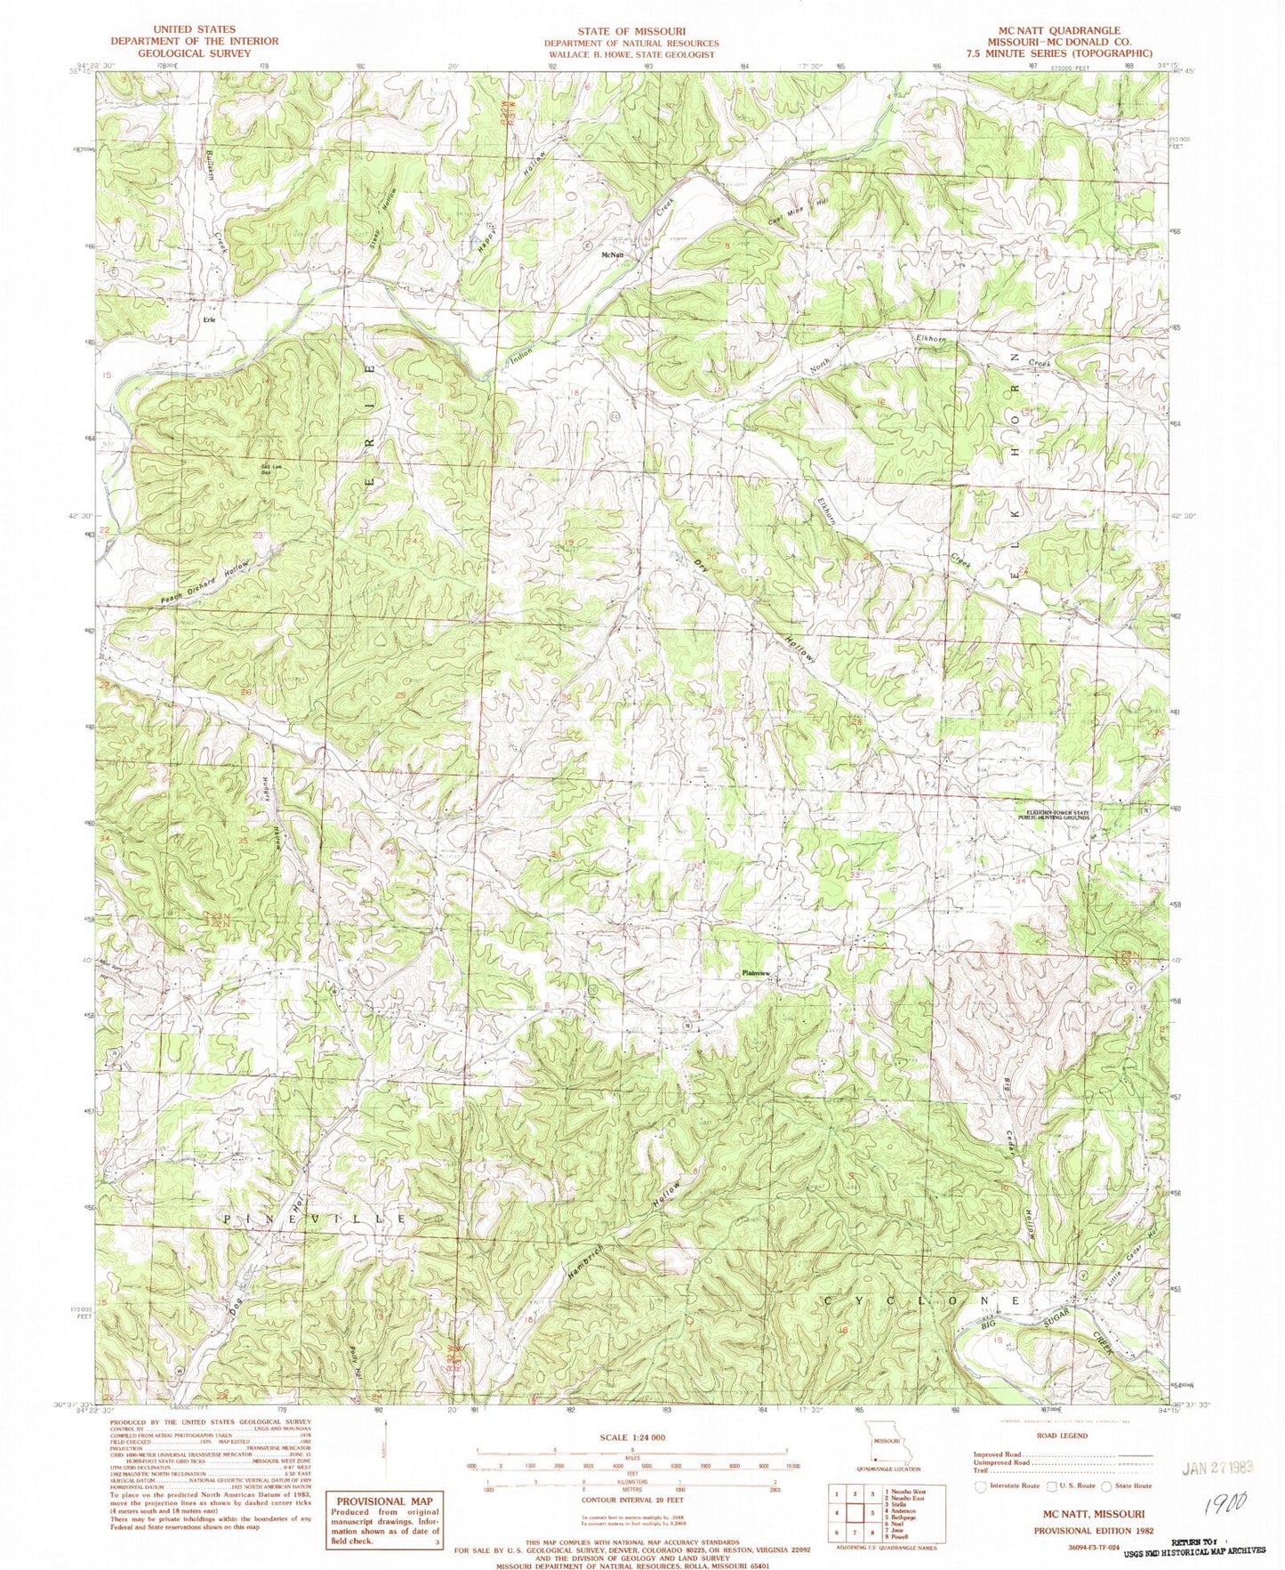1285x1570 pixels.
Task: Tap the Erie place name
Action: point(211,319)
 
